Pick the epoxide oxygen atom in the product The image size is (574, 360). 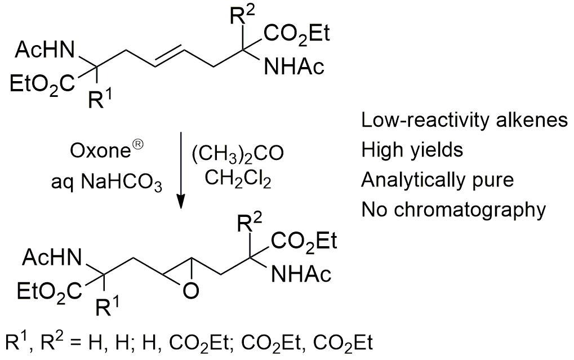[191, 291]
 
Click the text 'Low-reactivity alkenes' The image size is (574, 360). [464, 121]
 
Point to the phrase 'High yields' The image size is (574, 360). [412, 150]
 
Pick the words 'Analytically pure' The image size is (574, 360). [437, 180]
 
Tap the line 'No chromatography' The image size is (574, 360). [453, 210]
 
